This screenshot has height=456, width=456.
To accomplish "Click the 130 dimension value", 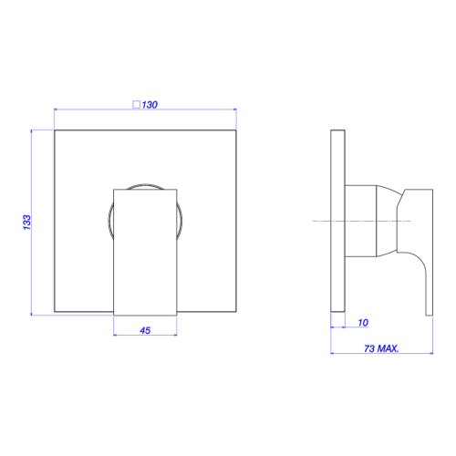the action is click(150, 105).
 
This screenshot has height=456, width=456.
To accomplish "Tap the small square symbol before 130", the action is click(137, 105).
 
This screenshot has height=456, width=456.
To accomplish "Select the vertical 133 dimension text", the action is click(27, 223).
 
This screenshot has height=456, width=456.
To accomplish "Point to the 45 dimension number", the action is click(145, 330).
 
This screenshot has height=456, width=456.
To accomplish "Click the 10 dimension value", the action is click(363, 323).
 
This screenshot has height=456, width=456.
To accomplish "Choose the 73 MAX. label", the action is click(381, 348).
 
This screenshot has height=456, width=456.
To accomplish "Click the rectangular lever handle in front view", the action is click(145, 253).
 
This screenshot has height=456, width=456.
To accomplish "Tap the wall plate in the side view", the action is click(337, 221).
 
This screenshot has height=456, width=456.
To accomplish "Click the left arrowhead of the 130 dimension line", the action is click(57, 109).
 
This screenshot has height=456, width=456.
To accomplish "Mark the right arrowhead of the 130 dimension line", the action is click(234, 109).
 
